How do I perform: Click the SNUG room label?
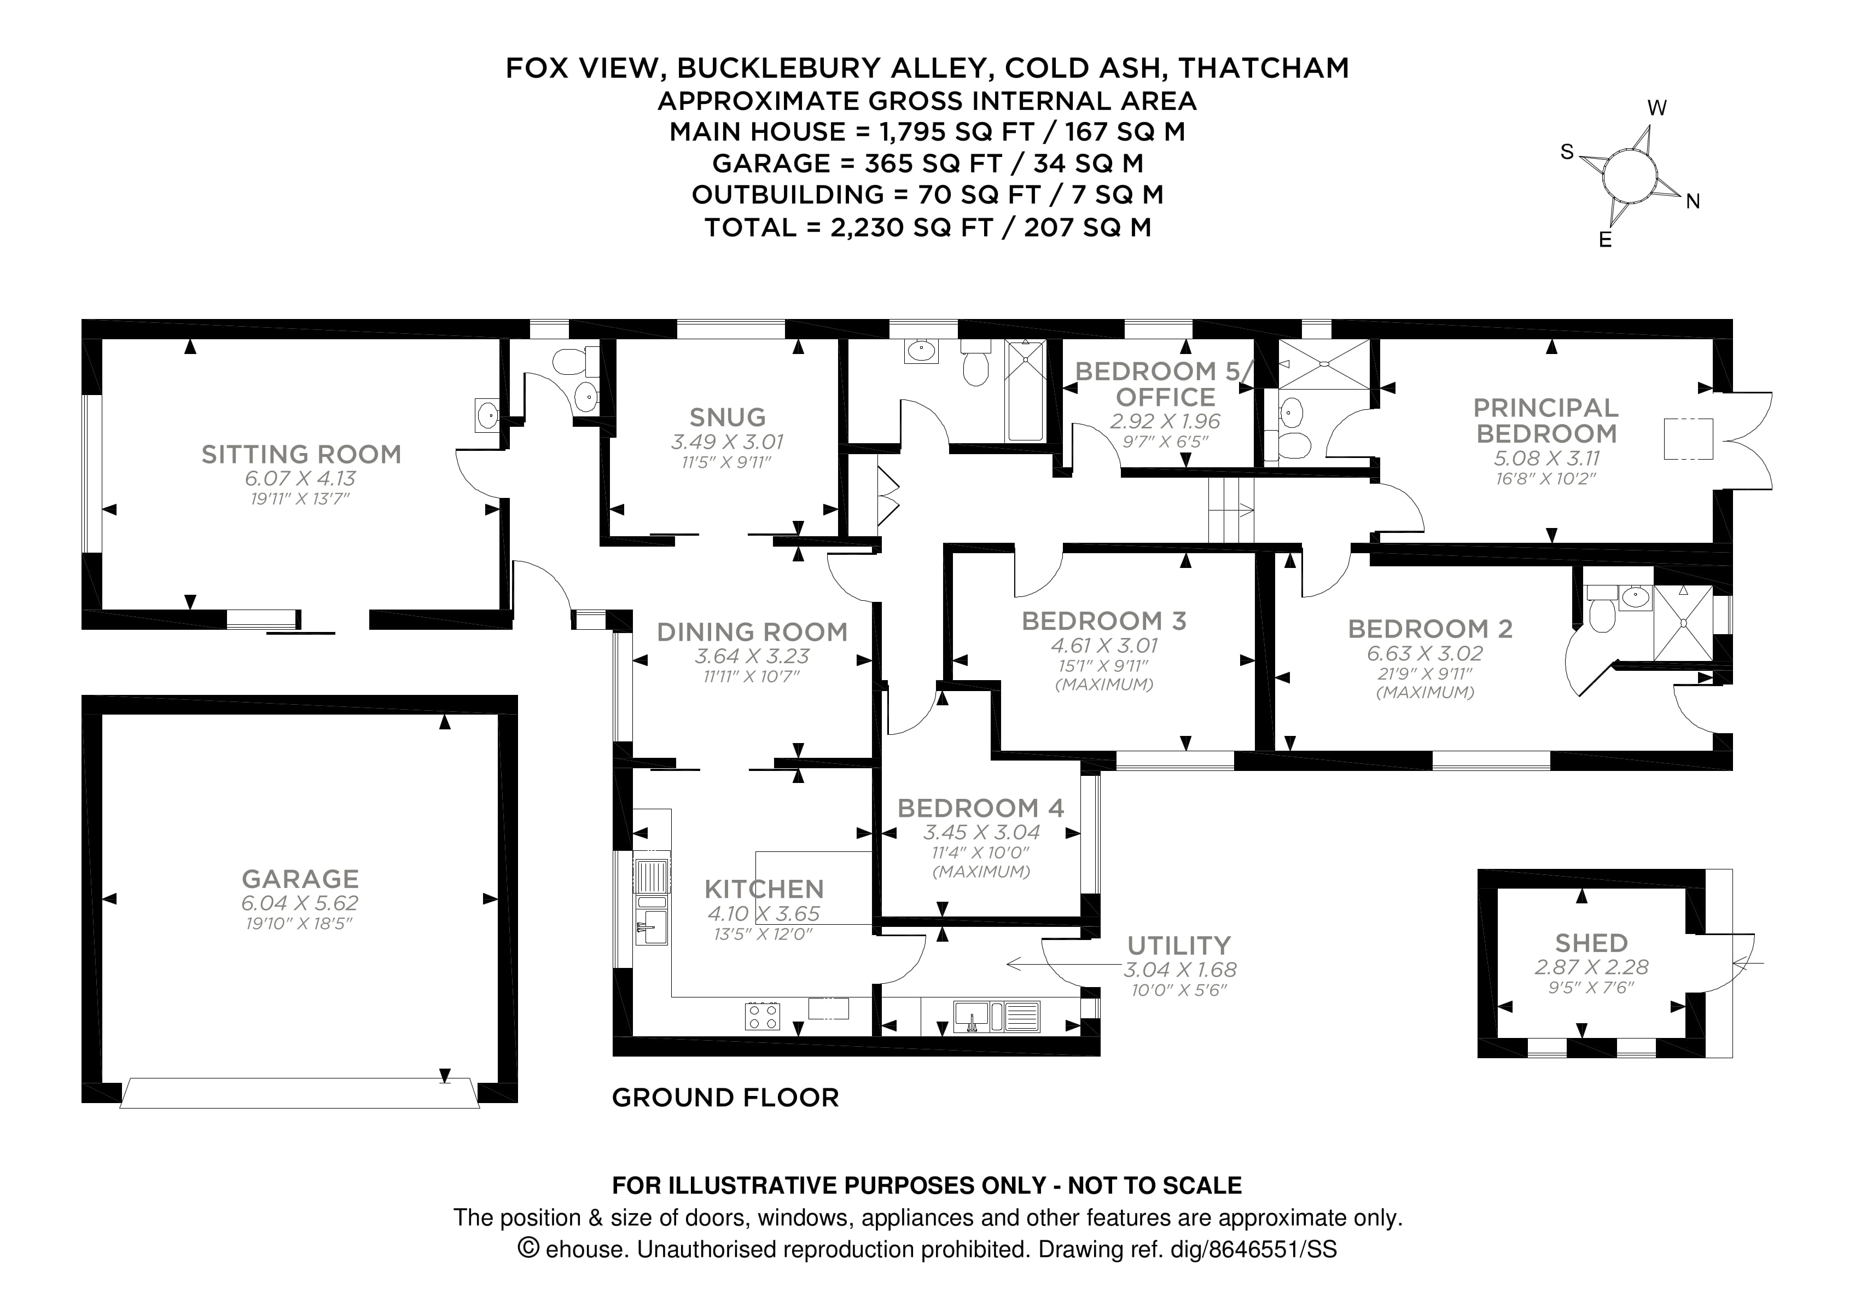click(727, 417)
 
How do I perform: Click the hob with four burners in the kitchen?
click(762, 1016)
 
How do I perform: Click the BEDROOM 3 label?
click(1103, 620)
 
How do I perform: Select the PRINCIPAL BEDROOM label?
click(1545, 420)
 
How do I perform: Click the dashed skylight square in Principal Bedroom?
click(1688, 439)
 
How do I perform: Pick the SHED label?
click(1591, 942)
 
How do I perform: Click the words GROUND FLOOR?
click(725, 1098)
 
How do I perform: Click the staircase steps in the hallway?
click(1230, 509)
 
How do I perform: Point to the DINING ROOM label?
click(752, 631)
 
